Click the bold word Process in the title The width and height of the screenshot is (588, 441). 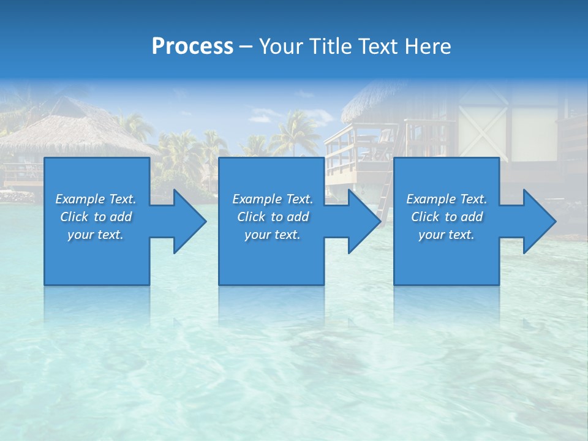[x=192, y=47]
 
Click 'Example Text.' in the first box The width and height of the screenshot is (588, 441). [x=96, y=199]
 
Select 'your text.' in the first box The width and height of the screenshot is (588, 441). [x=96, y=235]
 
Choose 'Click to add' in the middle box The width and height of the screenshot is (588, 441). [x=273, y=217]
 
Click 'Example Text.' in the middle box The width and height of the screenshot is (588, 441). [x=273, y=199]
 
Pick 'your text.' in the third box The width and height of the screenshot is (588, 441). [x=447, y=235]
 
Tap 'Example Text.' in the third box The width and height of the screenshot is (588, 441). [x=447, y=199]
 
